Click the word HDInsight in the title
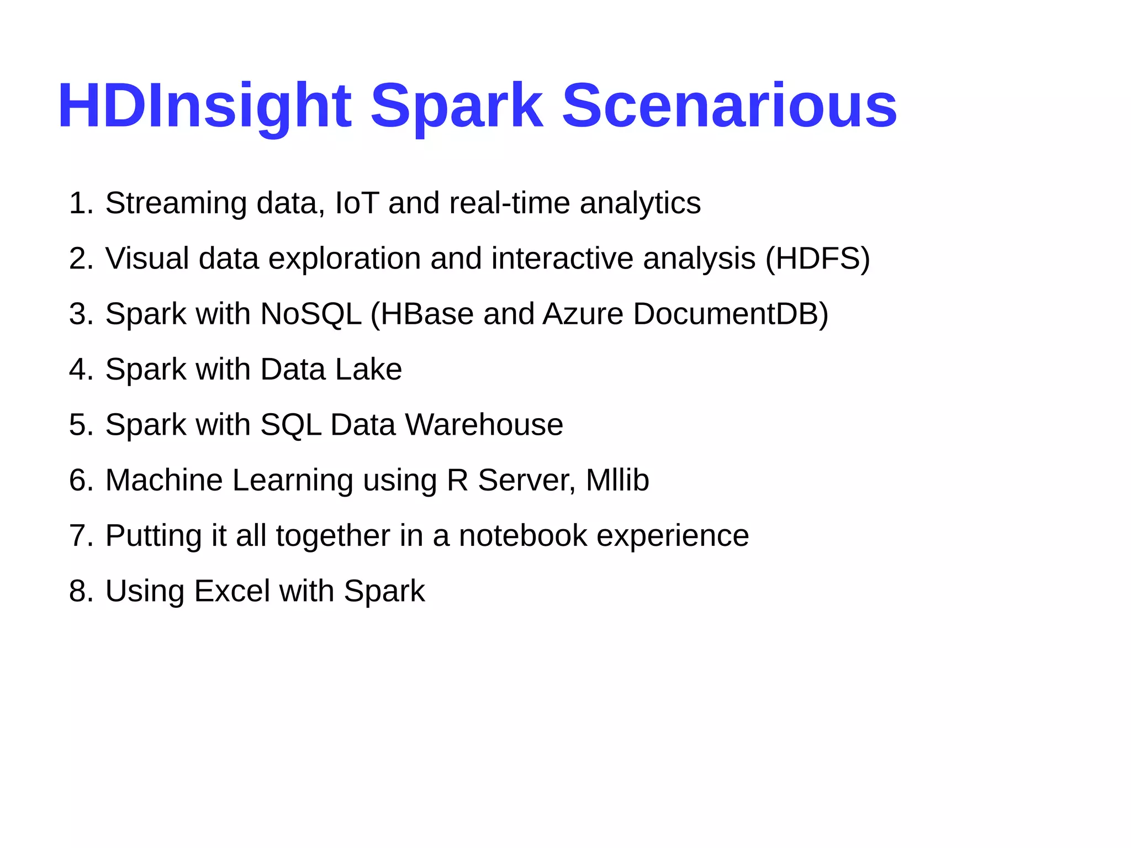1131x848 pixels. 204,106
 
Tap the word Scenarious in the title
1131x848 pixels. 729,106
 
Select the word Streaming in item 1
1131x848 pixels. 176,203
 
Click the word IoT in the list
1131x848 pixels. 357,203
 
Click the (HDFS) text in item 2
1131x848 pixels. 817,259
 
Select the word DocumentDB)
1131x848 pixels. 731,314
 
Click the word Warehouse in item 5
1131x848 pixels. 484,424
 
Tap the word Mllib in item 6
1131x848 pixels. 617,480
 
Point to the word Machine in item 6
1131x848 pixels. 163,480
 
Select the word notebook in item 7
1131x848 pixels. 522,535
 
